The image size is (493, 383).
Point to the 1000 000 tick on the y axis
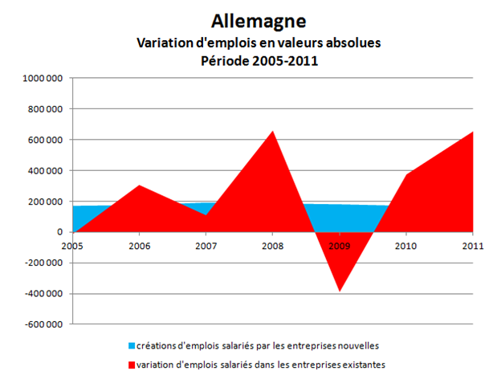46,79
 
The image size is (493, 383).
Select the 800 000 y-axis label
48,109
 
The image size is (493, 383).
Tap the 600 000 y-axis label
48,140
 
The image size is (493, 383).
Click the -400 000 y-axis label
47,294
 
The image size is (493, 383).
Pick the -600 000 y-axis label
47,324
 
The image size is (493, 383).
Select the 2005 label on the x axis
73,246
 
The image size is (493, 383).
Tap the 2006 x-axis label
141,246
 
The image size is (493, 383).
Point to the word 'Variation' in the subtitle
161,43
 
